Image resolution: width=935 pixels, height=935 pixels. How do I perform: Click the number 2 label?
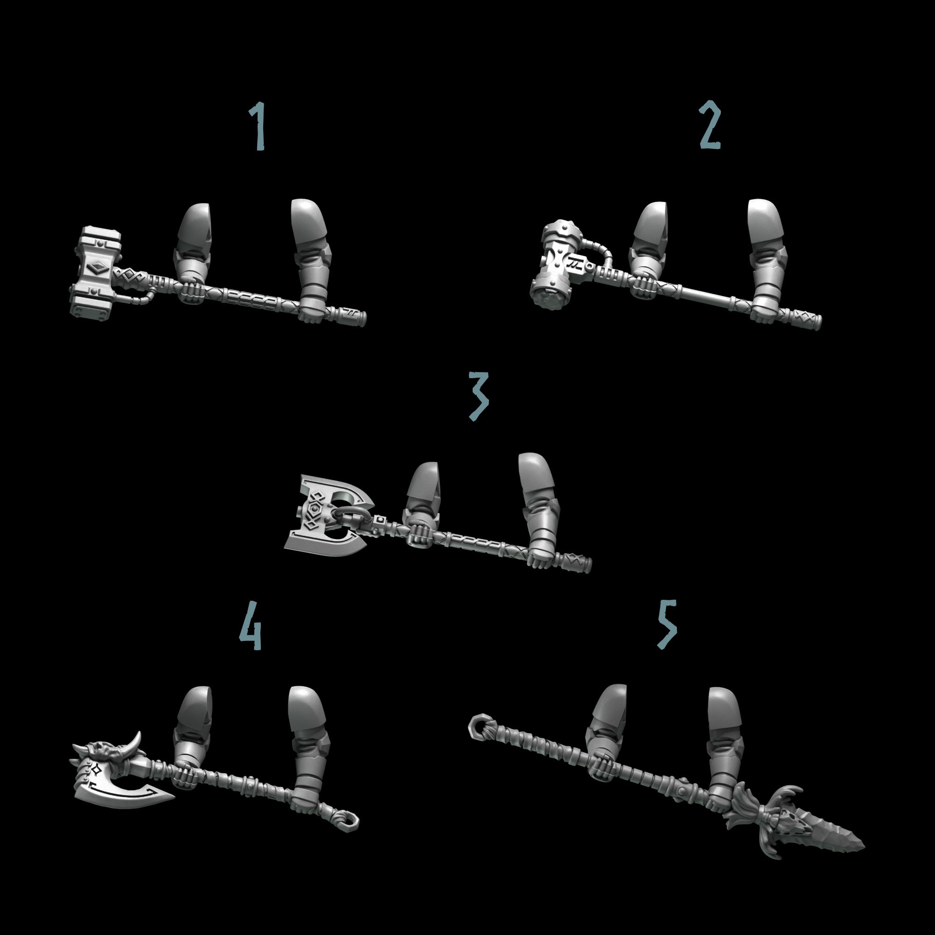pos(710,125)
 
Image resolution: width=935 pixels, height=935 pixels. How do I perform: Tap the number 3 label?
pos(479,396)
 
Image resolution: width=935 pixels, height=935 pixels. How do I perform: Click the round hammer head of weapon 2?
pos(556,271)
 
